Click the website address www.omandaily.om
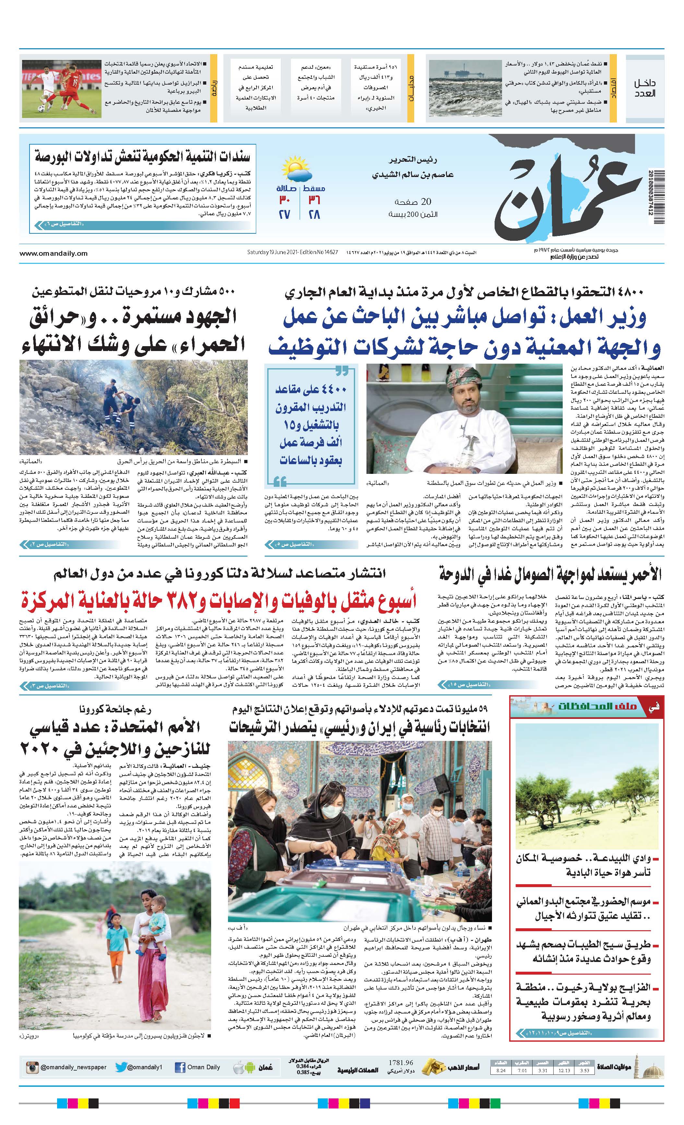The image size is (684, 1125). (x=54, y=253)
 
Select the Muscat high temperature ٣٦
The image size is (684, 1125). (x=314, y=200)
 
